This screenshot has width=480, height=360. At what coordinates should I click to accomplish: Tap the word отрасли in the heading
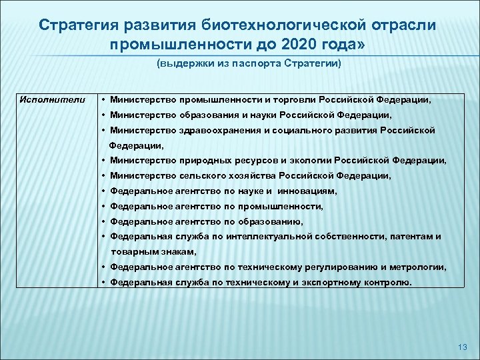(405, 25)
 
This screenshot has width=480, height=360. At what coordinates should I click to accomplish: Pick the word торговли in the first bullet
(304, 100)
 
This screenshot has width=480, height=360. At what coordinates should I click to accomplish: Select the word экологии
(307, 161)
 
